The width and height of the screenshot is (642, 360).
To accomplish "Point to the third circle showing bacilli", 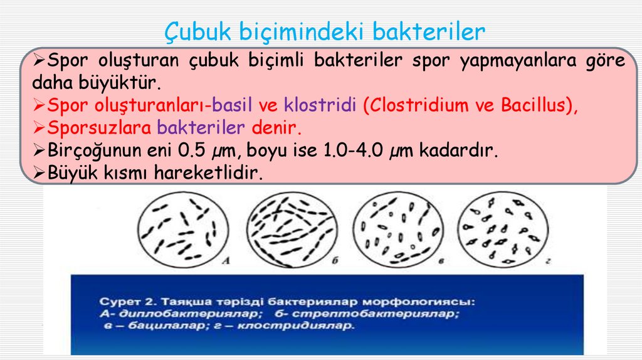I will coord(396,231).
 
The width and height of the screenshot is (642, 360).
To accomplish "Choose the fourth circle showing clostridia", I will coord(502,231).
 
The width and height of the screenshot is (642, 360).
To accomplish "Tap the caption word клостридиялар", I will coord(300,327).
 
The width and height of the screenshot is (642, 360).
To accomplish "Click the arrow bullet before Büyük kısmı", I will coord(39,173).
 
